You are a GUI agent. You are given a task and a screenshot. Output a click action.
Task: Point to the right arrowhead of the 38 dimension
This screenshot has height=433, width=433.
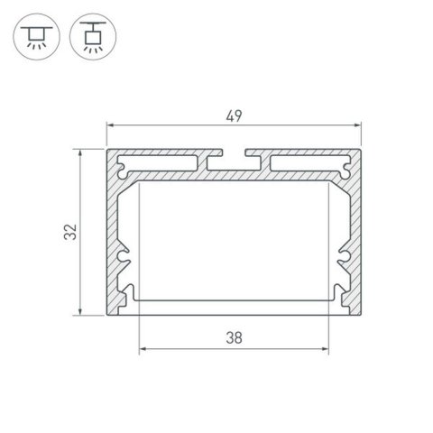(x=326, y=351)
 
